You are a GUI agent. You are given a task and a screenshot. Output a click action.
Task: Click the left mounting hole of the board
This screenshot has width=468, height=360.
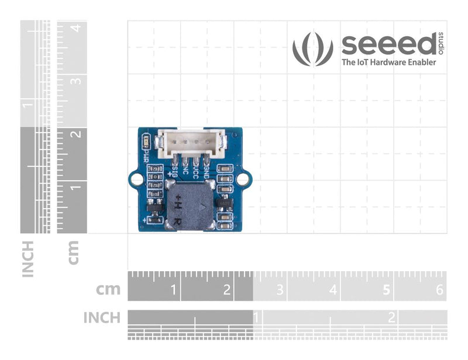[x=136, y=178]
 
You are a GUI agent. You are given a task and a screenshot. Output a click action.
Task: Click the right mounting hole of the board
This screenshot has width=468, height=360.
[x=242, y=178]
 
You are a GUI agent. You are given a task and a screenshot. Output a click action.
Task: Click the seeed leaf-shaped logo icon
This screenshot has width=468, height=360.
[x=312, y=49]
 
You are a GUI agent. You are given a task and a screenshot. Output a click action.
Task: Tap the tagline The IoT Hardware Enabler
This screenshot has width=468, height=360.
[x=388, y=62]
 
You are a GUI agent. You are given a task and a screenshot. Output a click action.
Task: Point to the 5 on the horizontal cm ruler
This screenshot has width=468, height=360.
[x=386, y=289]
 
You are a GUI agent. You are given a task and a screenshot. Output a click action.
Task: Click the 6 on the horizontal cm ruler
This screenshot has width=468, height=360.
[x=440, y=289]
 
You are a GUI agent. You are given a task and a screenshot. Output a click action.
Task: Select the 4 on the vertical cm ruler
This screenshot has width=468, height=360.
[x=75, y=27]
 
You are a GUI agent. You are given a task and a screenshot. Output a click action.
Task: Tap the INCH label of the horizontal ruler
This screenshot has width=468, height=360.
[x=102, y=317]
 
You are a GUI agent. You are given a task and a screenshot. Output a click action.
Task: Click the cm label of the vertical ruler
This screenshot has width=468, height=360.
[x=74, y=252]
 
